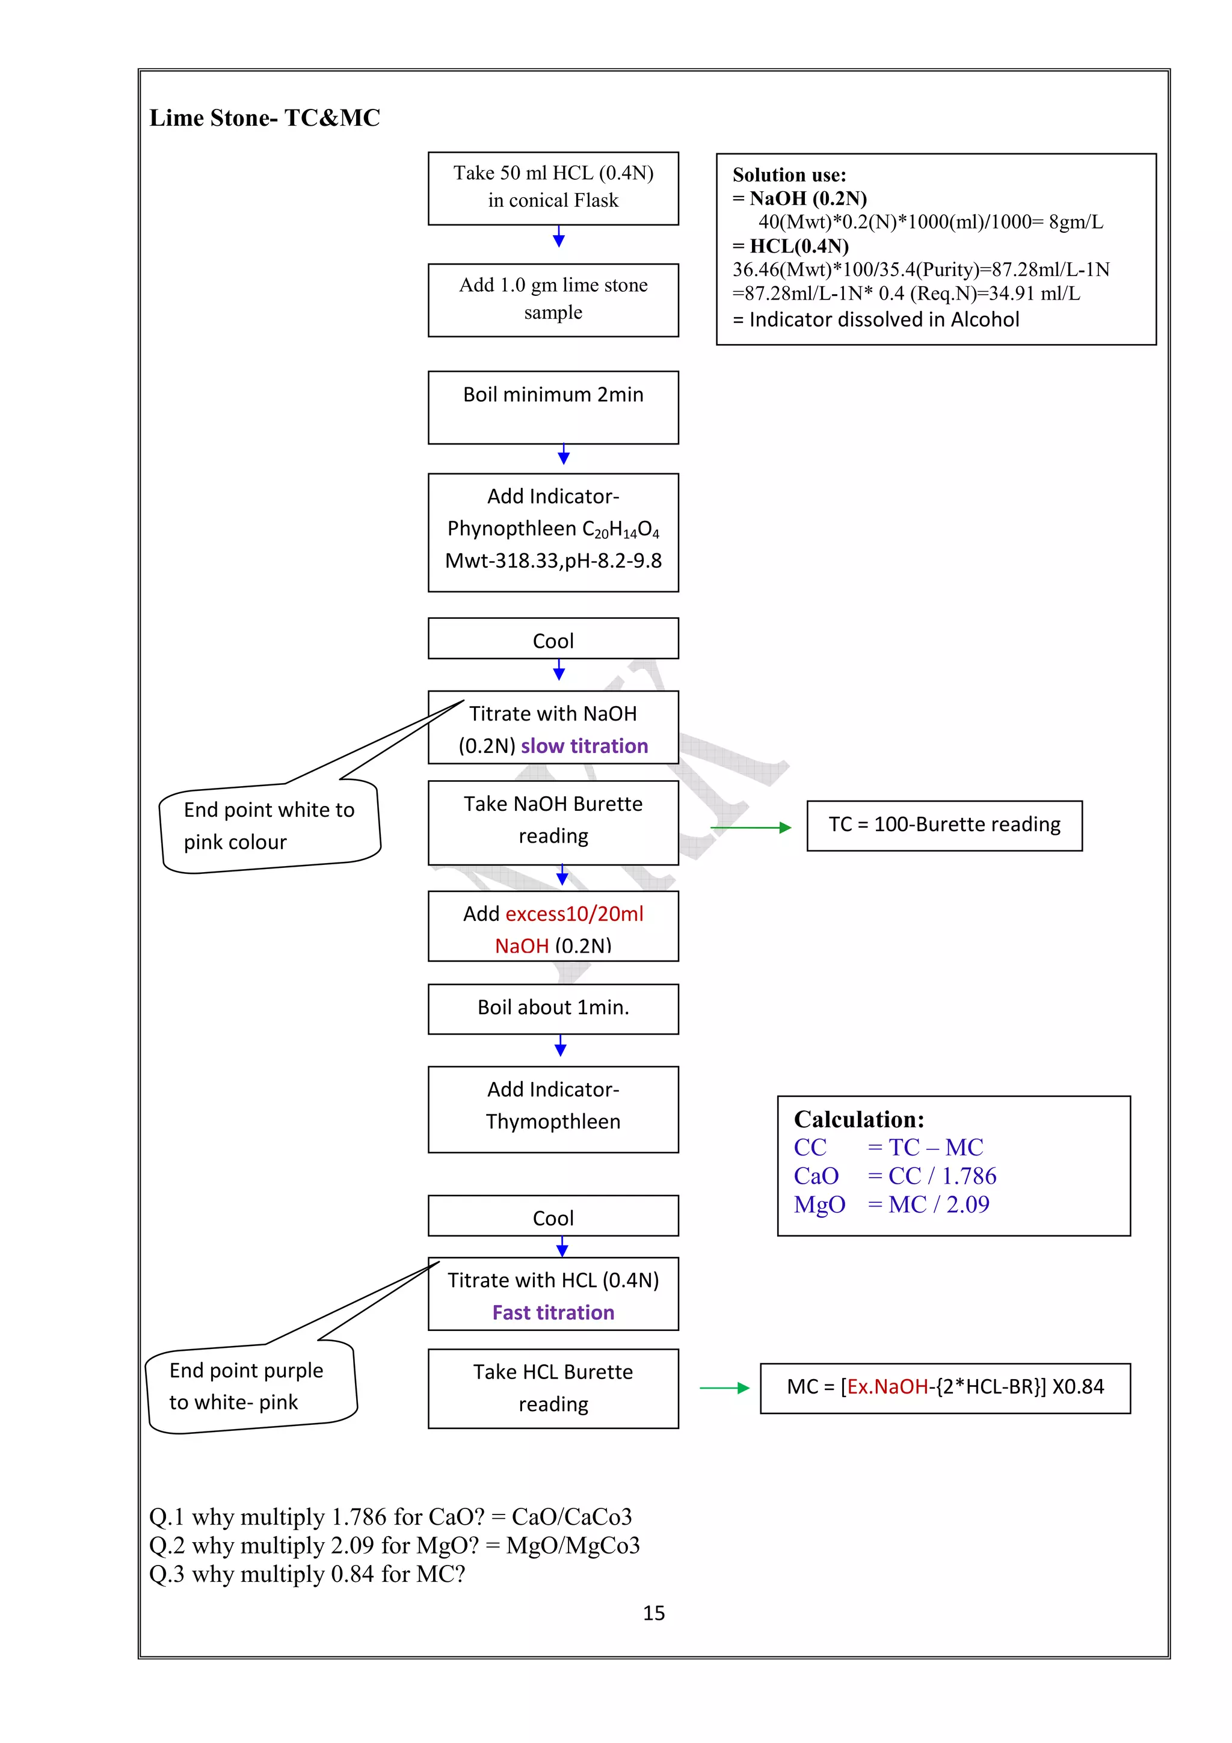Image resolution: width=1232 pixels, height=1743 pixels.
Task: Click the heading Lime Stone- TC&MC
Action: [264, 118]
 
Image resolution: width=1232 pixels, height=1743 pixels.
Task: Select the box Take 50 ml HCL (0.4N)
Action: [553, 188]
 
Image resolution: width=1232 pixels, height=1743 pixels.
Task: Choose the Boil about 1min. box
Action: [553, 1008]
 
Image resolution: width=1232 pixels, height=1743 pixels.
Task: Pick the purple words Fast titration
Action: [553, 1312]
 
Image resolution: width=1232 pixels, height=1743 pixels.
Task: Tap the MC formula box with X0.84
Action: [944, 1387]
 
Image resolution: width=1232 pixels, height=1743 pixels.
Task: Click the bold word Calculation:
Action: [858, 1120]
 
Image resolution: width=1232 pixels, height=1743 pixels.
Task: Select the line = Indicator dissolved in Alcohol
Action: [875, 319]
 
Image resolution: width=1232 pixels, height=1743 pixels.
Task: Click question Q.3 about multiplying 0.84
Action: [307, 1574]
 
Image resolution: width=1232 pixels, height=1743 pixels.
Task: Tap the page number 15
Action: [653, 1612]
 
